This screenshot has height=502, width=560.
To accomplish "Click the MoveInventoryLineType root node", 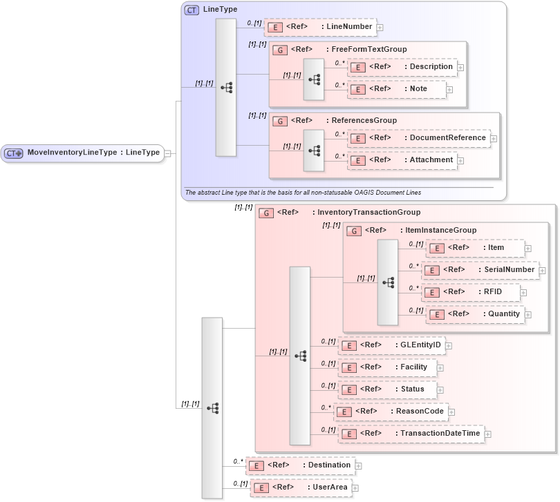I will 83,153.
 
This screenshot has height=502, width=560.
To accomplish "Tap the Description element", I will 401,67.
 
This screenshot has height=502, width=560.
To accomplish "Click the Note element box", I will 397,89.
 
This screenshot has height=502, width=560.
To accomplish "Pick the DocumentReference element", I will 418,138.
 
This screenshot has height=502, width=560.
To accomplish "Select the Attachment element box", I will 401,160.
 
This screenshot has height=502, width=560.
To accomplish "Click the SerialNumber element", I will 480,270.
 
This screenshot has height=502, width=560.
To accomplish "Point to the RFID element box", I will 472,292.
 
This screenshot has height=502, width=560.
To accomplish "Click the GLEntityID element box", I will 391,345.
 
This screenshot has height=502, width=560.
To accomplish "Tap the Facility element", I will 386,367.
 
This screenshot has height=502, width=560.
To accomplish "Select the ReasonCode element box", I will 391,412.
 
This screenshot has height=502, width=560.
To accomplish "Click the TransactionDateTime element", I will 411,434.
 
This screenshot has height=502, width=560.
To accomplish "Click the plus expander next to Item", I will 528,248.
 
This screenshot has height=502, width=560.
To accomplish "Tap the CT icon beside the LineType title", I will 192,10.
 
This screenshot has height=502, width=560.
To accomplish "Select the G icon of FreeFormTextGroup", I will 280,50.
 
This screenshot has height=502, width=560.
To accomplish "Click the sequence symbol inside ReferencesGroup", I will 314,150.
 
